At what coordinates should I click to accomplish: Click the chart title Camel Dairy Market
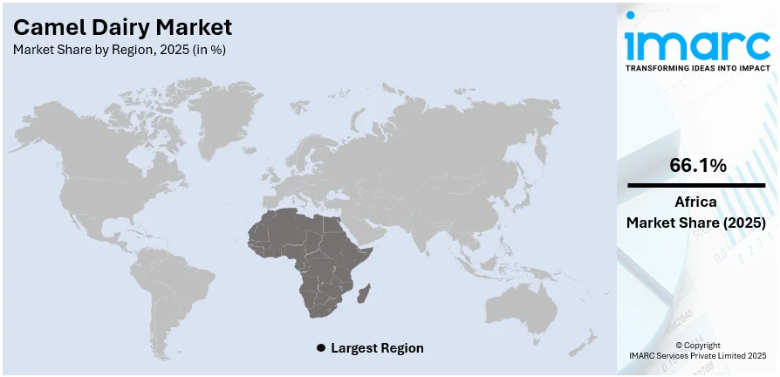click(122, 27)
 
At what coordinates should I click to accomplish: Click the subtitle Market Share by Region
click(120, 50)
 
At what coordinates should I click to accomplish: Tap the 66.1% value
click(697, 165)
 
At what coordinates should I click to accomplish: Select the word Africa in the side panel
click(696, 202)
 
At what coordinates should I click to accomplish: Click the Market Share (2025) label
click(696, 223)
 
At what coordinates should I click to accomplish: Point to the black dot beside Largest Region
click(321, 348)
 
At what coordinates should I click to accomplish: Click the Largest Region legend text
click(378, 348)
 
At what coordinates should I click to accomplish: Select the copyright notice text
click(697, 350)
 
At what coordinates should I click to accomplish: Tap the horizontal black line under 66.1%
click(697, 185)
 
